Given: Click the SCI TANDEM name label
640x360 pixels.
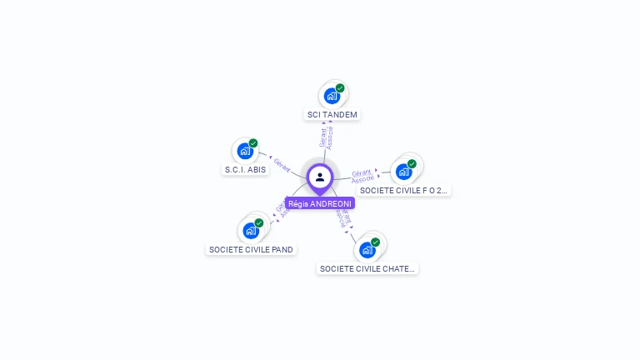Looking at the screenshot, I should coord(332,114).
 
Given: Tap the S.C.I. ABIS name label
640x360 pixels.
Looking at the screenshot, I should coord(246,169).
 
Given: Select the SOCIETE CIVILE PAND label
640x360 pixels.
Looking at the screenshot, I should coord(251,249).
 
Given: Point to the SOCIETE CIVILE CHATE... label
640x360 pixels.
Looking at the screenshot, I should coord(367,268).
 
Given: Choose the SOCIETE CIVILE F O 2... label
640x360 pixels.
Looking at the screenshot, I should coord(404,190).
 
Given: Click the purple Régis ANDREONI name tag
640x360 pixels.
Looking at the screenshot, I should coord(320,203).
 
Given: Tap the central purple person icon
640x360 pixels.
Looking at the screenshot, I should coord(320,177).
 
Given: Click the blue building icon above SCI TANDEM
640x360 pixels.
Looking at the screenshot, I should coord(332,96).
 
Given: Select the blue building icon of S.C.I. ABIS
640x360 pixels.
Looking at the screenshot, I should coord(245,151).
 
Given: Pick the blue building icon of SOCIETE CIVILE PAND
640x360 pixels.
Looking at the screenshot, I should coord(250,231).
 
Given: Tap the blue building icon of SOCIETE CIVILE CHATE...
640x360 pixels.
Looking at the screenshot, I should coord(367,250).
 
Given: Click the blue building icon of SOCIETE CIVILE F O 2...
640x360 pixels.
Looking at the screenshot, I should coord(403,172).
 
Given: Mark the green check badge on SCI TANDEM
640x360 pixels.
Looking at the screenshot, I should coord(340,88).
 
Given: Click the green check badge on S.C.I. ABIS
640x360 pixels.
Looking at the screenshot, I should coord(253,143).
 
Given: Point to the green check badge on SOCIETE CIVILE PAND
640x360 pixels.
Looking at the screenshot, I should coord(259,223).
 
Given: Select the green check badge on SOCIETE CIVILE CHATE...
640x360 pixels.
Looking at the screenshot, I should coord(375,242).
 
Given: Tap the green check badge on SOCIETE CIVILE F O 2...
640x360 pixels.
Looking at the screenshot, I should coord(412,164).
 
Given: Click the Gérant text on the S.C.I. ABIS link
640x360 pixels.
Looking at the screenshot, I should coord(282,165).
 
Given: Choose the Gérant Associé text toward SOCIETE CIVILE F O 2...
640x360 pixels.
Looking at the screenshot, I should coord(362,176).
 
